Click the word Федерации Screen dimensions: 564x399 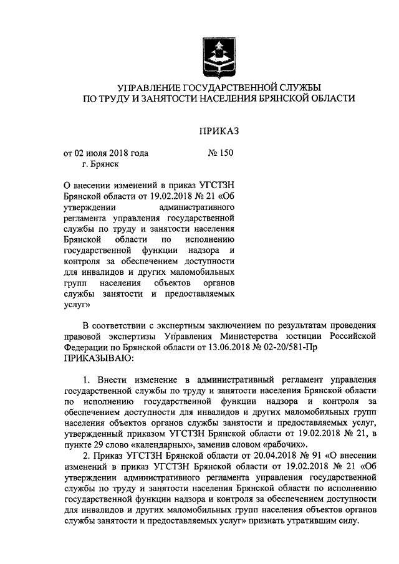87,348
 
